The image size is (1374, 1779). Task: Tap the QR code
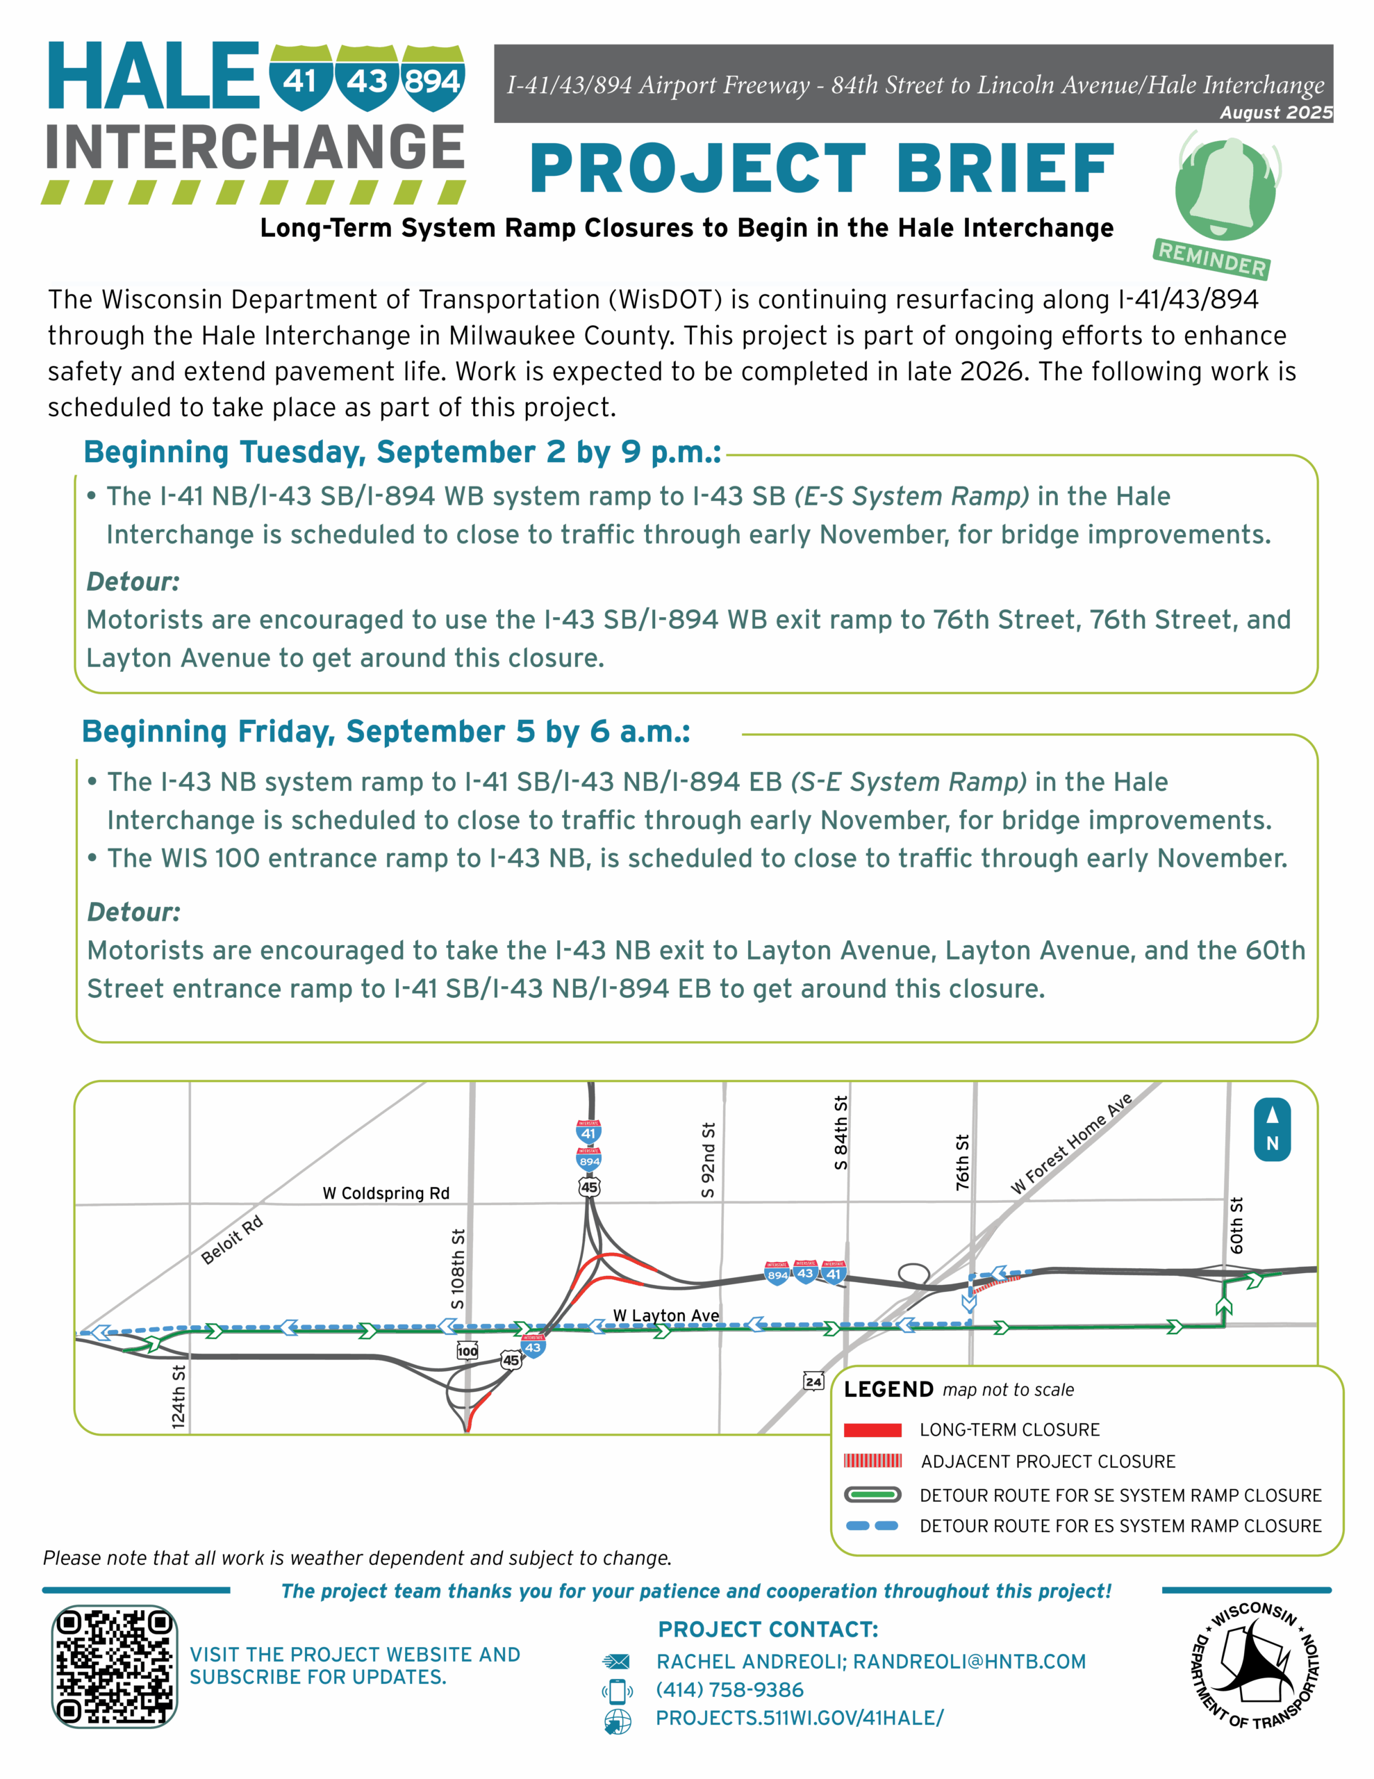(114, 1666)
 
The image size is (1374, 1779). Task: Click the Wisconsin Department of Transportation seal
(1255, 1665)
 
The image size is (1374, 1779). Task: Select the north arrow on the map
(1271, 1129)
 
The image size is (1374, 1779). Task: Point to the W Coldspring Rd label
(386, 1193)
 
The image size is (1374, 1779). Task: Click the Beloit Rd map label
(232, 1240)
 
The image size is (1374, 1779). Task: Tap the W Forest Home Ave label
(1071, 1144)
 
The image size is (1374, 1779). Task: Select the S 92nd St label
(709, 1160)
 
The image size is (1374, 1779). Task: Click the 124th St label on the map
(179, 1396)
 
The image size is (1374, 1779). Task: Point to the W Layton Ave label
(665, 1315)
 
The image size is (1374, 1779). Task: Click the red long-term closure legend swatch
(872, 1429)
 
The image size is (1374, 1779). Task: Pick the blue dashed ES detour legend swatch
(872, 1525)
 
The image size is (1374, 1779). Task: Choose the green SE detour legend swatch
(872, 1495)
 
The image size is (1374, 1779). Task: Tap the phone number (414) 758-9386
(730, 1690)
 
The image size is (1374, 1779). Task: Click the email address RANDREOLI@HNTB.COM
(969, 1662)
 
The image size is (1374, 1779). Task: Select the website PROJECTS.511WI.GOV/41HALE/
(800, 1718)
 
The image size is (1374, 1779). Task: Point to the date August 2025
(1275, 113)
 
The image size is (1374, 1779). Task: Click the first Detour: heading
(133, 582)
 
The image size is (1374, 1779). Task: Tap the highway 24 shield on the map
(813, 1382)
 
